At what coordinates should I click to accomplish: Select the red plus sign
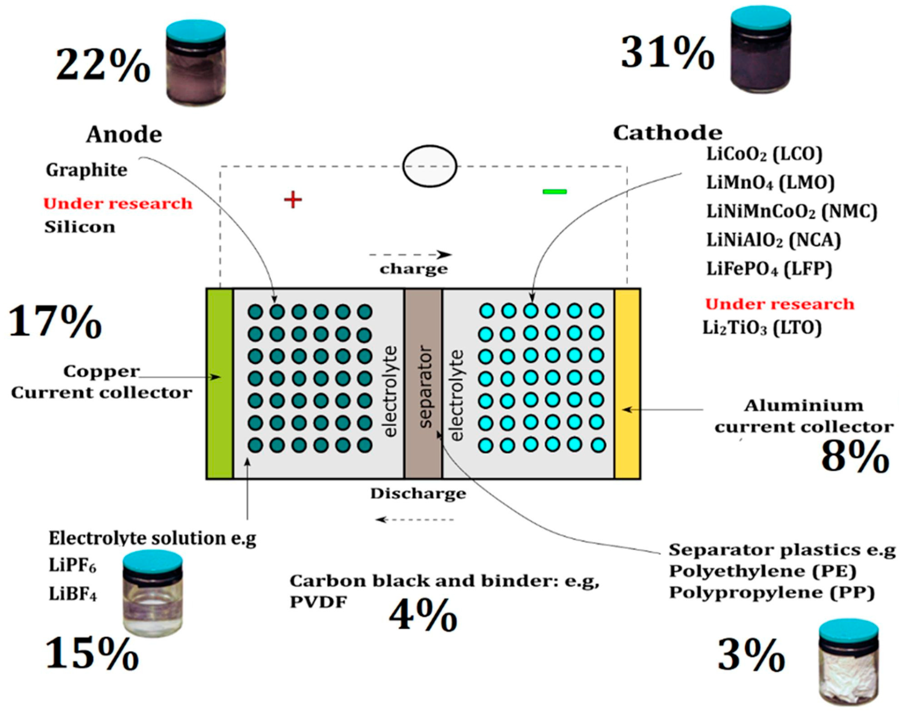(293, 200)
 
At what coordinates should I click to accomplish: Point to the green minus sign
(554, 192)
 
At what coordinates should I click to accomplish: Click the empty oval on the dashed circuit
(429, 166)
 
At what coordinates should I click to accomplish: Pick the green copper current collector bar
(220, 383)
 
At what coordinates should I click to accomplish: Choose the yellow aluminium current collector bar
(627, 383)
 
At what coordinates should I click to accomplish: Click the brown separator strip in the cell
(423, 383)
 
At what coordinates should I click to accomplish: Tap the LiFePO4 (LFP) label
(769, 269)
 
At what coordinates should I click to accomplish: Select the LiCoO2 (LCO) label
(764, 154)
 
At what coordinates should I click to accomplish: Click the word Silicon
(80, 227)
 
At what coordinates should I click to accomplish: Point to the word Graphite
(86, 170)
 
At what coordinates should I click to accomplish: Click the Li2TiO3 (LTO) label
(762, 328)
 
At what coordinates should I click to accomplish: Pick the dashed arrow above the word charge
(411, 255)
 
